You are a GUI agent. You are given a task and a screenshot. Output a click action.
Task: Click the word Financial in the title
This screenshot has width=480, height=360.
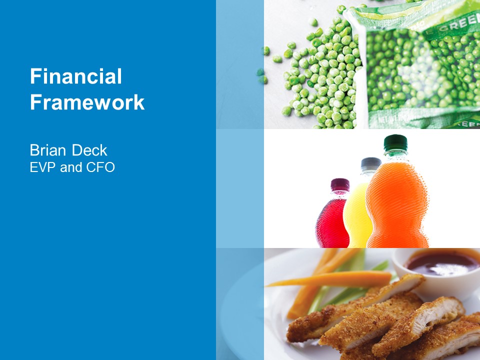76,76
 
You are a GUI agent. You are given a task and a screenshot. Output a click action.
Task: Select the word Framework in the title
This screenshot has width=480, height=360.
87,102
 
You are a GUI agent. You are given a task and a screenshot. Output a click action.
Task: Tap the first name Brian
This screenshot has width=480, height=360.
48,150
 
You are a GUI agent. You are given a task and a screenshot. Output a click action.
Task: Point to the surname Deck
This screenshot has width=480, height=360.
89,150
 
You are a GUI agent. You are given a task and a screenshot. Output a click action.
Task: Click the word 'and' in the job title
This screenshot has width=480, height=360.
71,167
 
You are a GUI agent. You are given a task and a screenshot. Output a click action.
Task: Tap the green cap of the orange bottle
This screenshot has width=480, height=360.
395,143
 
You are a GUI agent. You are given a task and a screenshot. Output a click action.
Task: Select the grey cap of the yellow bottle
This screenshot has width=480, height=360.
370,164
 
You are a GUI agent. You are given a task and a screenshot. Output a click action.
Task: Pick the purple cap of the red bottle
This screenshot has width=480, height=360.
340,185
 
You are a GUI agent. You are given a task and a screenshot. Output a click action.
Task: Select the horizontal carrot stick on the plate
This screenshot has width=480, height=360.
329,279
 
